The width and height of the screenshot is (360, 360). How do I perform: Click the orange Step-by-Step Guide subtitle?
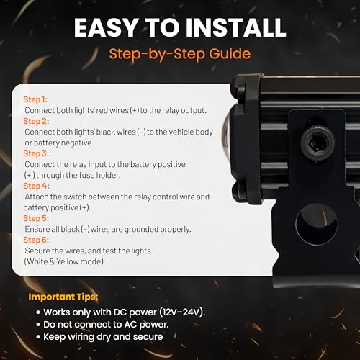coord(179,53)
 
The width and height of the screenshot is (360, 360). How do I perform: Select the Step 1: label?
coord(36,99)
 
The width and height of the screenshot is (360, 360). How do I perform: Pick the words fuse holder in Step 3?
coord(116,175)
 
